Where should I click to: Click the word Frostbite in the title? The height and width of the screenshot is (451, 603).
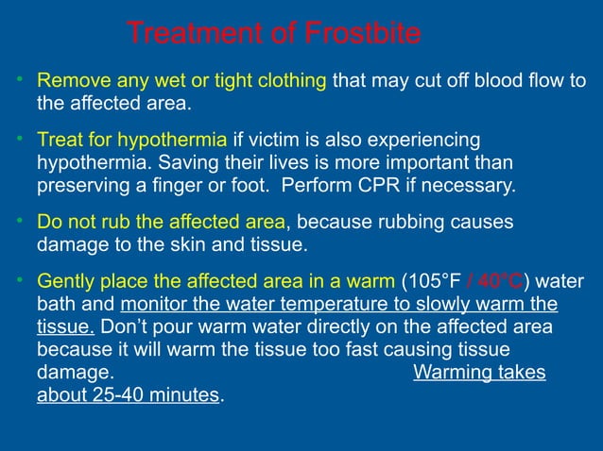tap(363, 35)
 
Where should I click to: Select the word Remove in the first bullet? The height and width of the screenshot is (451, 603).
tap(68, 80)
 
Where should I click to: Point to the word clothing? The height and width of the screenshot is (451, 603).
tap(288, 80)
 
